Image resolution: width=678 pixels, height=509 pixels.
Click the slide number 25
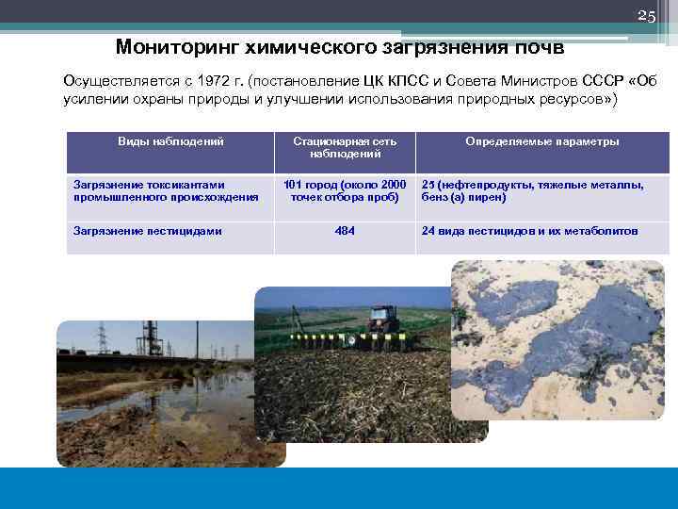pyautogui.click(x=646, y=16)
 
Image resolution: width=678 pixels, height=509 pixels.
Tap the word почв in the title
pyautogui.click(x=534, y=46)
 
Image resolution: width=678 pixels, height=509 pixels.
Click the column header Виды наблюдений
pyautogui.click(x=170, y=141)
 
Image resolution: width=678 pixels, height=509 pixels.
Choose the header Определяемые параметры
pyautogui.click(x=541, y=141)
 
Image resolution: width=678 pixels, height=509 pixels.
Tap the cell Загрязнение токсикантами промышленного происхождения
pyautogui.click(x=166, y=191)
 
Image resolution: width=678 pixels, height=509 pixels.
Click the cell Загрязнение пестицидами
pyautogui.click(x=148, y=231)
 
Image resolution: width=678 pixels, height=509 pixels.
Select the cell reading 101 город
pyautogui.click(x=345, y=191)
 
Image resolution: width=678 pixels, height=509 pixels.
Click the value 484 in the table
pyautogui.click(x=345, y=231)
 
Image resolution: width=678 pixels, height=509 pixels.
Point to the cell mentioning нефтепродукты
pyautogui.click(x=532, y=191)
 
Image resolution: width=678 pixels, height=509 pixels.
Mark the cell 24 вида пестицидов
pyautogui.click(x=529, y=231)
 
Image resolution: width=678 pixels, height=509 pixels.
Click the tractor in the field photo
pyautogui.click(x=384, y=319)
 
